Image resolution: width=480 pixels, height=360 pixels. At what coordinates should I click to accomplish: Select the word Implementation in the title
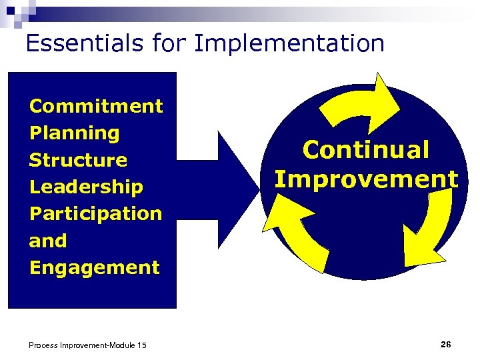coord(289,44)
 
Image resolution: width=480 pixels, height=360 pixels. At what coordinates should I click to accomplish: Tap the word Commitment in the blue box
coord(96,106)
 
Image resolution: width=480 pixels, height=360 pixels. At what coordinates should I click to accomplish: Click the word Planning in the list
coord(75,133)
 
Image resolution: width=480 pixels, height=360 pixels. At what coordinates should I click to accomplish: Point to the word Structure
coord(78,160)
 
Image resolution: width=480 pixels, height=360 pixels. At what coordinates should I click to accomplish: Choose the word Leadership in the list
coord(86,187)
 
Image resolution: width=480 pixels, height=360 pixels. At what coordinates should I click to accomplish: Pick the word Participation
coord(96,213)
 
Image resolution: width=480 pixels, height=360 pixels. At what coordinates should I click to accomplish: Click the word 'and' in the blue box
coord(48,241)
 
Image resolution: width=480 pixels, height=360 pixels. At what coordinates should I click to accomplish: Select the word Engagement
coord(95,267)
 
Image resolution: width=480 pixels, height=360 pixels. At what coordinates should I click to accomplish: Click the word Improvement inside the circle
coord(366,179)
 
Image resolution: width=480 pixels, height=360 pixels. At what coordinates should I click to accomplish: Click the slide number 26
coord(445,344)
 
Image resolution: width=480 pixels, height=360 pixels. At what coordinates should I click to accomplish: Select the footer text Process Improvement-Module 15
coord(87,345)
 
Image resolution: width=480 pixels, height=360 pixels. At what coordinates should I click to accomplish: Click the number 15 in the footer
coord(141,345)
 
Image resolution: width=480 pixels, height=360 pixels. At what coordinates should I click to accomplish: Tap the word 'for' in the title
coord(169,43)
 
